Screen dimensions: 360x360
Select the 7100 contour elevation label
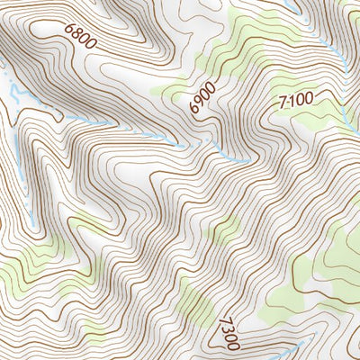(x=296, y=102)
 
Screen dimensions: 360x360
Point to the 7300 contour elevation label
(x=229, y=333)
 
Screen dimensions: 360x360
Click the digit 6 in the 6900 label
(x=195, y=109)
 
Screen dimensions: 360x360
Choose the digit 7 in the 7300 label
(x=223, y=321)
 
